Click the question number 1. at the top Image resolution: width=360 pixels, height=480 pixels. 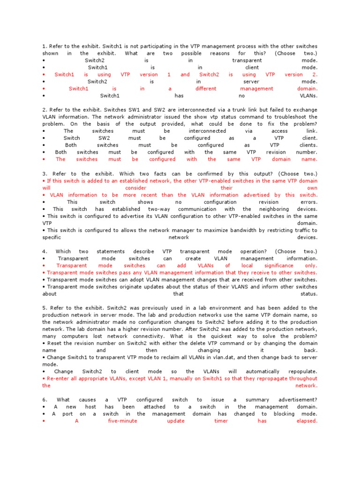[45, 46]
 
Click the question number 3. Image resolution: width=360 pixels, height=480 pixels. [45, 173]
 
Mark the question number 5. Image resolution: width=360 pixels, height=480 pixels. [45, 308]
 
